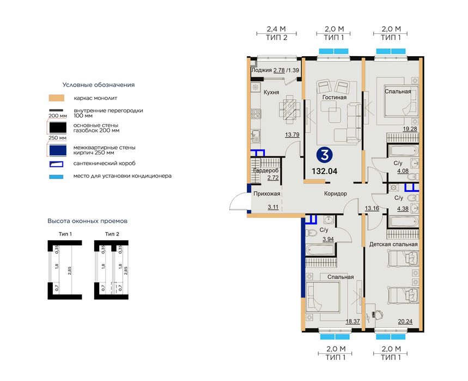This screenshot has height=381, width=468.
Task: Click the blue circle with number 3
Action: point(324,155)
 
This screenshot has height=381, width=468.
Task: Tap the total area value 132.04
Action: point(324,171)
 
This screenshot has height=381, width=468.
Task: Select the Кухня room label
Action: point(271,92)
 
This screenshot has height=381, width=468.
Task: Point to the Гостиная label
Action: point(335,98)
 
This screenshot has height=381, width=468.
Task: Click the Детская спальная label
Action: point(393,244)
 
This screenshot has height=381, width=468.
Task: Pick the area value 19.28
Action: point(410,129)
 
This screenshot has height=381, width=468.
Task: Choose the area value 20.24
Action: point(405,322)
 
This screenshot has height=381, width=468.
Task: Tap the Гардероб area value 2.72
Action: point(273,178)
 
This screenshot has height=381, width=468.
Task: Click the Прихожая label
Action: point(267,193)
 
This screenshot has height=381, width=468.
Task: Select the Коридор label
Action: point(336,193)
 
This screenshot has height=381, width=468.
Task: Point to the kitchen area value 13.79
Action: point(292,135)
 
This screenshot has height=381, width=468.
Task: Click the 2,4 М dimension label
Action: point(276,29)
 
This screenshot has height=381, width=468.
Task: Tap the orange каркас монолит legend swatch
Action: point(57,98)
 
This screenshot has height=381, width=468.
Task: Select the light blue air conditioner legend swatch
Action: point(56,177)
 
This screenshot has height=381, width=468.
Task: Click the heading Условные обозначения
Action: point(99,85)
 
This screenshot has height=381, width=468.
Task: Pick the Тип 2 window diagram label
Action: point(112,234)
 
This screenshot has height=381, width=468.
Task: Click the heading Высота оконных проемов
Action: point(88,221)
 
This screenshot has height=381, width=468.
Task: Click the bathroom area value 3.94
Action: point(328,239)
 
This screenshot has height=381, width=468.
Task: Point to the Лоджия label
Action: point(262,70)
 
